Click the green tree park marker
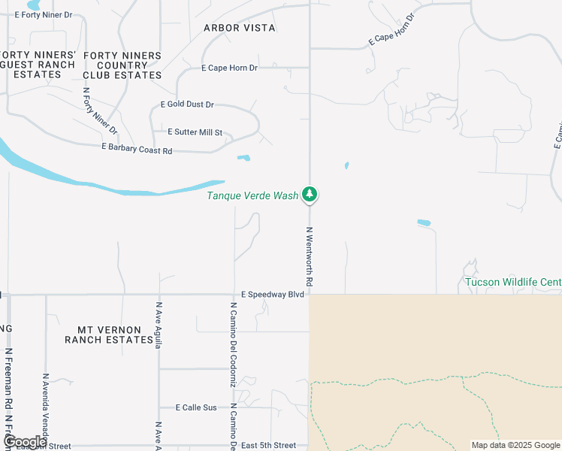310,194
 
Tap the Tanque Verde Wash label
252,195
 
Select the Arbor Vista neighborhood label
240,28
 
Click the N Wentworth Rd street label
309,256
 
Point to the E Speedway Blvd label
273,295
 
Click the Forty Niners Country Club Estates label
122,65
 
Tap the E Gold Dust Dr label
187,105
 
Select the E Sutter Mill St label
195,132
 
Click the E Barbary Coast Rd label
137,150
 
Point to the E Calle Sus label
196,407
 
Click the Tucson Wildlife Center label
513,283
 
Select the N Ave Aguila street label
159,325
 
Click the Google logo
25,442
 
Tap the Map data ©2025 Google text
515,445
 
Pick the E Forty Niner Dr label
44,15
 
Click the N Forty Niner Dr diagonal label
100,111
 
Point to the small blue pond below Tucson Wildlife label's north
425,222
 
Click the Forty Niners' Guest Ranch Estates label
38,65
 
